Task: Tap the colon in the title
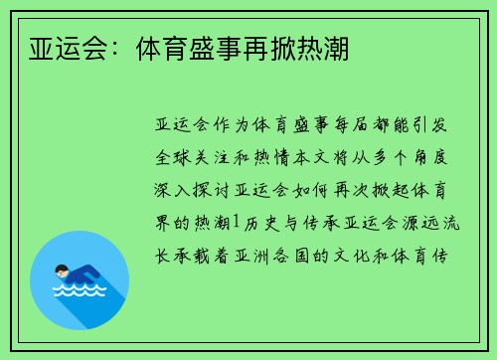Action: (x=113, y=47)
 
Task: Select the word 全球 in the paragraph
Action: (x=177, y=158)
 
